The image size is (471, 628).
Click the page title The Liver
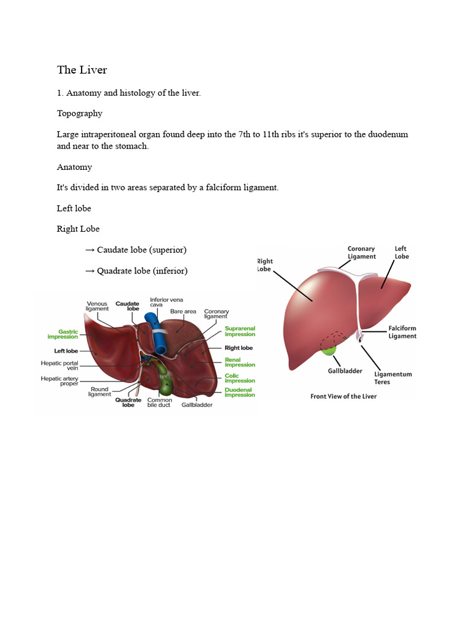point(82,70)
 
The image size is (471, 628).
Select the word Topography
point(80,113)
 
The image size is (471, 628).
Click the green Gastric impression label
point(63,334)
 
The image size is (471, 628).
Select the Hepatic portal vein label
point(59,366)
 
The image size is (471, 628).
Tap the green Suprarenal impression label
point(240,331)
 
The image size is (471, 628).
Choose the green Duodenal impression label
point(240,392)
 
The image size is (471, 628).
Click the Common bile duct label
point(159,403)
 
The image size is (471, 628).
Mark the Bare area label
point(183,312)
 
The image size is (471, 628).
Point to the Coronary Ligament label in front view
point(361,253)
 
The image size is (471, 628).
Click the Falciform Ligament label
point(402,332)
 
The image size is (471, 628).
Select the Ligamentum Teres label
point(393,378)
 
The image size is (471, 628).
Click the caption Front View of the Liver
point(343,396)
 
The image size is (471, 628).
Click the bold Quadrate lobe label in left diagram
point(128,403)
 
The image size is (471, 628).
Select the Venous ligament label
point(97,306)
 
